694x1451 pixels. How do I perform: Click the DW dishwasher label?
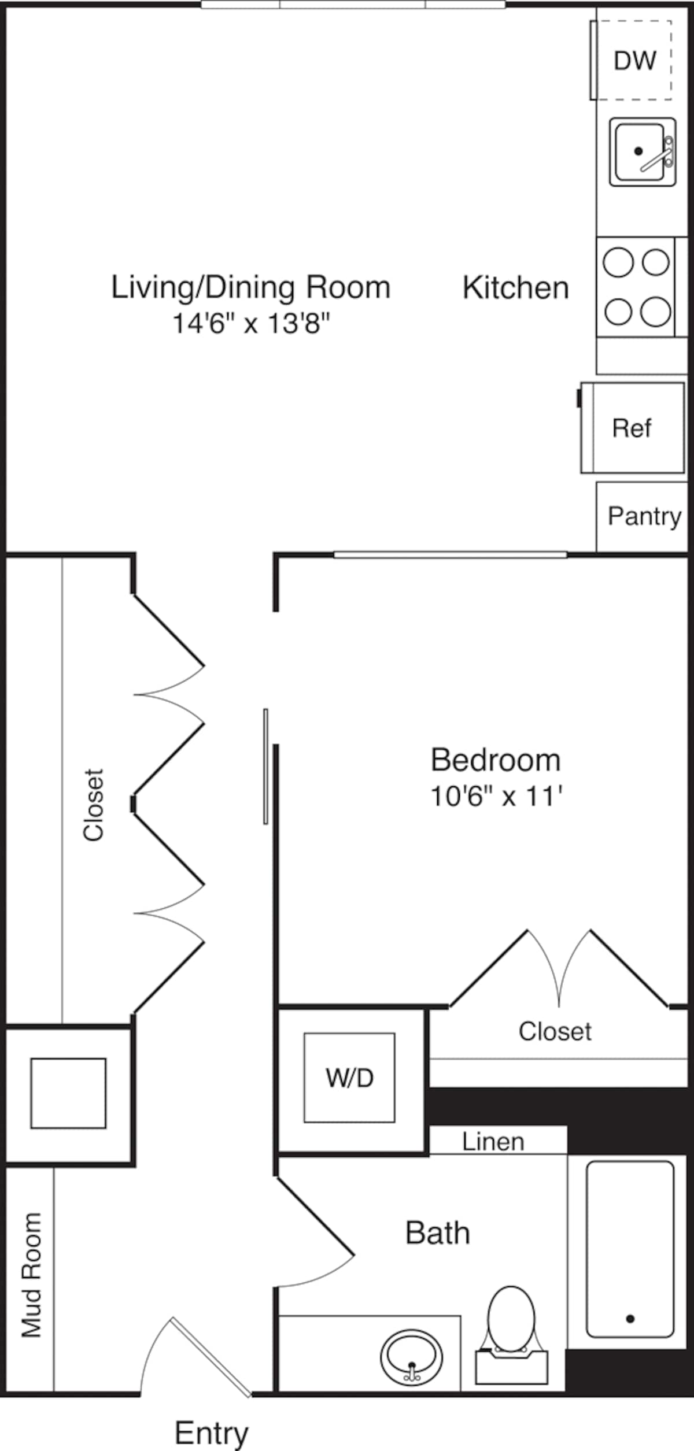coord(635,61)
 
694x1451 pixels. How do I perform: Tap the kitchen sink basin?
coord(639,151)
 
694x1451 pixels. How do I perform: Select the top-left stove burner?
coord(618,262)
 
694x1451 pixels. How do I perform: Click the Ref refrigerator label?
coord(632,428)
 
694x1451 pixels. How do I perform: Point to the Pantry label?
coord(644,516)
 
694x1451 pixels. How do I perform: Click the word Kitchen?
coord(516,288)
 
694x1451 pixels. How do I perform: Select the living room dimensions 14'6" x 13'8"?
coord(251,323)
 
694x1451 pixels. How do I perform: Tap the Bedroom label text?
coord(496,760)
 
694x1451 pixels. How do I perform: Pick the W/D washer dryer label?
coord(349,1078)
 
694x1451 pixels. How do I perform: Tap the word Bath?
coord(437,1232)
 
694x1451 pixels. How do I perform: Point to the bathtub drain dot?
coord(630,1319)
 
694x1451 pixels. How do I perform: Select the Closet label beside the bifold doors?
coord(93,805)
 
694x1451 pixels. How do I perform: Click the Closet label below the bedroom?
coord(555,1031)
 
